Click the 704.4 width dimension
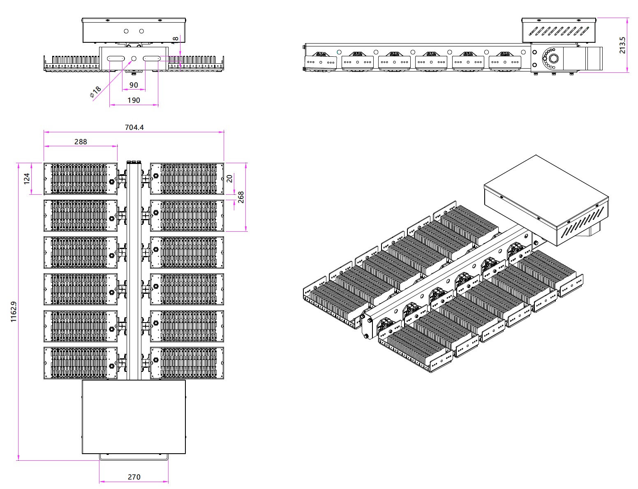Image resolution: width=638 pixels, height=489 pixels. pyautogui.click(x=134, y=127)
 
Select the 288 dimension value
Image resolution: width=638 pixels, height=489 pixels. pyautogui.click(x=81, y=141)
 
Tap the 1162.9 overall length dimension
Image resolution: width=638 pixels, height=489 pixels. pyautogui.click(x=14, y=312)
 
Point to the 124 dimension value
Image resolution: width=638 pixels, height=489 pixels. pyautogui.click(x=27, y=179)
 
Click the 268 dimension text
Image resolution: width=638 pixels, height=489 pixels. pyautogui.click(x=241, y=197)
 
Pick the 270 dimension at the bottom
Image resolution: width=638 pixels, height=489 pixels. pyautogui.click(x=134, y=477)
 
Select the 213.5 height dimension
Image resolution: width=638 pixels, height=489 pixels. pyautogui.click(x=622, y=45)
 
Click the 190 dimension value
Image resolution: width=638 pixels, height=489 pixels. pyautogui.click(x=134, y=100)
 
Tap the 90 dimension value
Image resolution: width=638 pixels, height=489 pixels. pyautogui.click(x=134, y=85)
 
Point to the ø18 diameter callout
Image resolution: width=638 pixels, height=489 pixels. pyautogui.click(x=95, y=92)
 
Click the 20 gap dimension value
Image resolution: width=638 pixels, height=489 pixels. pyautogui.click(x=230, y=178)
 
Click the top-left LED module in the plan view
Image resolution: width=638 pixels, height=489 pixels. pyautogui.click(x=81, y=179)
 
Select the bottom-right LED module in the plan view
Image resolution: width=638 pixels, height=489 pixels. pyautogui.click(x=187, y=363)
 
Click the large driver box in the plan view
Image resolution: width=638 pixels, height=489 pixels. pyautogui.click(x=134, y=417)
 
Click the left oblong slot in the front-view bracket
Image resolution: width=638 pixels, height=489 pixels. pyautogui.click(x=116, y=59)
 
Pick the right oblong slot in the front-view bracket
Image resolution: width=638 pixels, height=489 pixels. pyautogui.click(x=151, y=59)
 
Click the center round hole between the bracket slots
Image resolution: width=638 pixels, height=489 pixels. pyautogui.click(x=134, y=59)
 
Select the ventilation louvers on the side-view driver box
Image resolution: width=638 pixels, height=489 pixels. pyautogui.click(x=559, y=31)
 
